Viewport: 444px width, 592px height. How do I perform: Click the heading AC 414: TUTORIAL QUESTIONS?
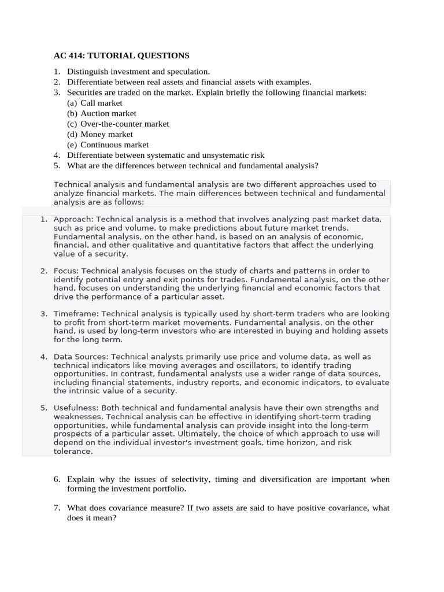pos(121,55)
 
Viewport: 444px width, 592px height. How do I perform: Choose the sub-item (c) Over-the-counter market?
pos(118,124)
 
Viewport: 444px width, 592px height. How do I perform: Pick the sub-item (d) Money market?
pos(100,134)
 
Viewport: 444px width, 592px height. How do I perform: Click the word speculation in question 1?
pos(188,71)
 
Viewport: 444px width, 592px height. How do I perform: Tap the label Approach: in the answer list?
pos(73,219)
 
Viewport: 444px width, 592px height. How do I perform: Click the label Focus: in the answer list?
pos(66,271)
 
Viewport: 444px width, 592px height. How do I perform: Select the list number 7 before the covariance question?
pos(57,508)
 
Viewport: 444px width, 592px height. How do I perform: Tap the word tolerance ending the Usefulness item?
pos(72,452)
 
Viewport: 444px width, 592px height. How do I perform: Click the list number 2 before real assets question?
pos(57,82)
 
